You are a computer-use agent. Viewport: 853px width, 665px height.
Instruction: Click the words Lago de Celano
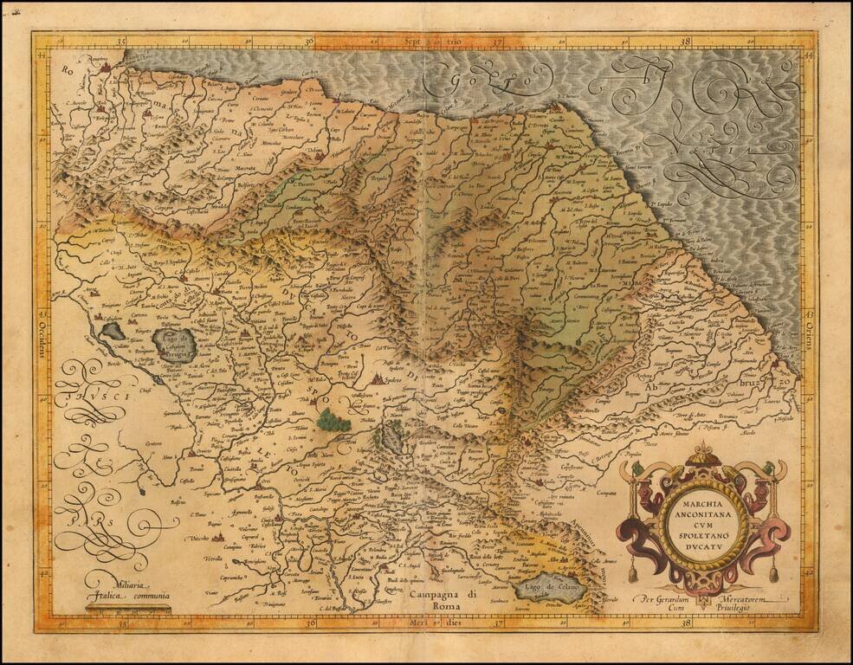(x=550, y=589)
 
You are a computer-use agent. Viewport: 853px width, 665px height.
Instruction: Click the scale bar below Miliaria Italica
(x=128, y=610)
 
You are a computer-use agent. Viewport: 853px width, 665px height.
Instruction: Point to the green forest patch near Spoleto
(x=333, y=421)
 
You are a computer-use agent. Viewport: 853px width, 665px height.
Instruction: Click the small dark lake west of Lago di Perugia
(x=112, y=330)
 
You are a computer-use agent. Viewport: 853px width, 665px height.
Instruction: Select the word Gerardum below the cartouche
(x=675, y=598)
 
